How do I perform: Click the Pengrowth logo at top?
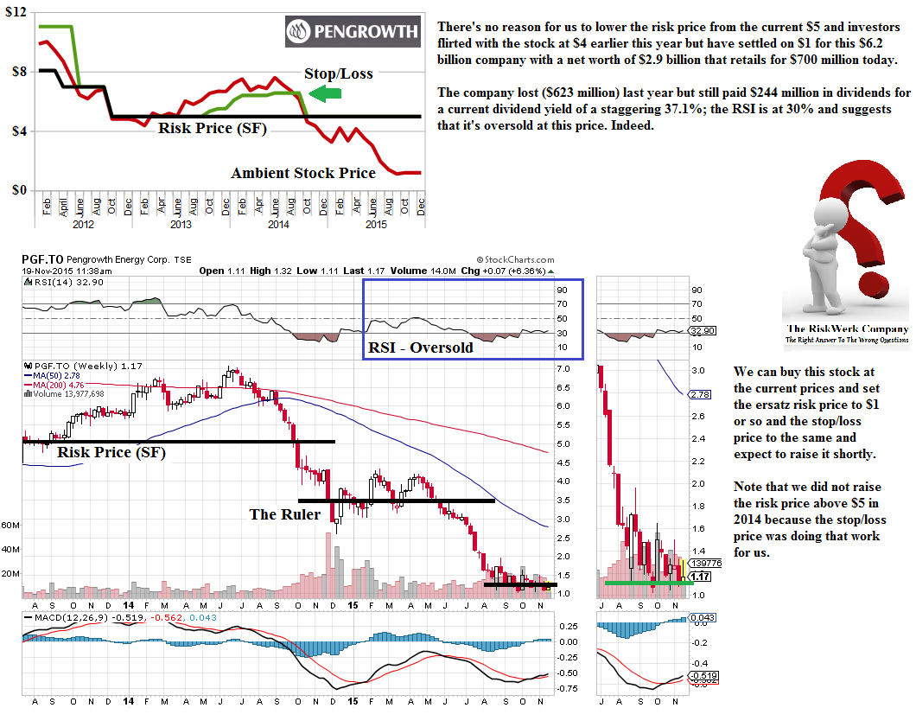point(352,33)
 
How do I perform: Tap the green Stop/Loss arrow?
point(324,93)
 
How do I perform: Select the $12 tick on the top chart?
point(16,13)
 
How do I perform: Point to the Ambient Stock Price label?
point(302,173)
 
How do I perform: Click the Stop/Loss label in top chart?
point(339,73)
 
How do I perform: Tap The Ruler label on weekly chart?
point(284,514)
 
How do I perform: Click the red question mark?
point(864,216)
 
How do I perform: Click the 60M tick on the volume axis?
point(10,525)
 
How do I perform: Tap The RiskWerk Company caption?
point(846,328)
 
